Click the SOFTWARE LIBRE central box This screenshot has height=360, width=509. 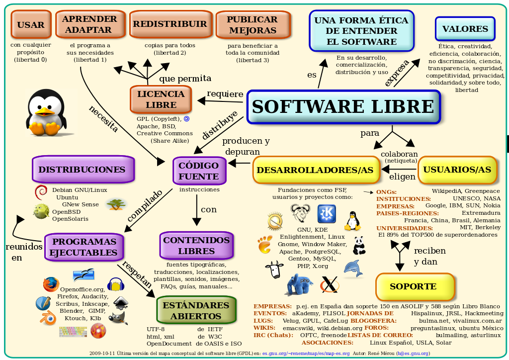pyautogui.click(x=343, y=107)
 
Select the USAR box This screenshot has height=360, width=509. pyautogui.click(x=30, y=25)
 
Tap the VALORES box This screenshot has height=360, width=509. pyautogui.click(x=465, y=29)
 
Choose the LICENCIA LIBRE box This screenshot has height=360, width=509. pyautogui.click(x=161, y=99)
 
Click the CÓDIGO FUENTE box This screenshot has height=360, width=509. pyautogui.click(x=199, y=171)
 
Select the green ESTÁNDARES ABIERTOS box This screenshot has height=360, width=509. pyautogui.click(x=196, y=310)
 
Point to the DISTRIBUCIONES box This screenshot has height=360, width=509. pyautogui.click(x=83, y=170)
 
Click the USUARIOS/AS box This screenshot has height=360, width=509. pyautogui.click(x=457, y=170)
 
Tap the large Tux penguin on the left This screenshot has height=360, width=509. pyautogui.click(x=45, y=113)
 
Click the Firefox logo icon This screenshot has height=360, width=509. pyautogui.click(x=51, y=284)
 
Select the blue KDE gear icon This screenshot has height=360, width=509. pyautogui.click(x=327, y=214)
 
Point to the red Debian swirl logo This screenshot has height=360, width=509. pyautogui.click(x=41, y=192)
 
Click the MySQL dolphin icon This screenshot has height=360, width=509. pyautogui.click(x=353, y=269)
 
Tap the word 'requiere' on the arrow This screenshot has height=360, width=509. pyautogui.click(x=225, y=94)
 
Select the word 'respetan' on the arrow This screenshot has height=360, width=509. pyautogui.click(x=137, y=274)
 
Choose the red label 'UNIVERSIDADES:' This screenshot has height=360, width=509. pyautogui.click(x=404, y=227)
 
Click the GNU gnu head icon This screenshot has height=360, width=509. pyautogui.click(x=300, y=214)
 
